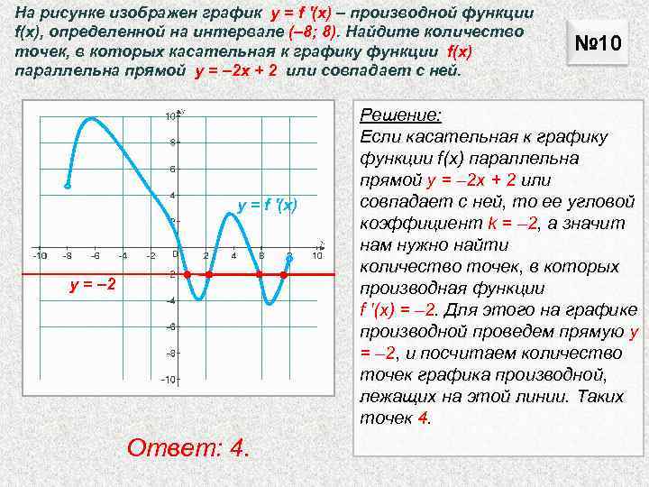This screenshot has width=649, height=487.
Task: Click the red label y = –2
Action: [x=93, y=286]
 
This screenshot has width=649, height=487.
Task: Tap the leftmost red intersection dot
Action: [x=187, y=273]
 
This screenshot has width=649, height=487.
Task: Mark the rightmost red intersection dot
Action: [x=283, y=273]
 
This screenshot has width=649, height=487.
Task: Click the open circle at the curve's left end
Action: [x=68, y=186]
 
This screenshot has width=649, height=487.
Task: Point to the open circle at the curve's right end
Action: [x=289, y=258]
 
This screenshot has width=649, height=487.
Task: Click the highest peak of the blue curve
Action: [x=90, y=118]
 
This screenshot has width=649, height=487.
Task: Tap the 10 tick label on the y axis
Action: [x=169, y=116]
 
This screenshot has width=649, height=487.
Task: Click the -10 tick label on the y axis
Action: [x=168, y=379]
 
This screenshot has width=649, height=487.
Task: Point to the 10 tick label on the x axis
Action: [x=316, y=256]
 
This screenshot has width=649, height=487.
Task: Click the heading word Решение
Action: [x=400, y=115]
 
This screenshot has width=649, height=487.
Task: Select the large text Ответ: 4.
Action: [x=188, y=447]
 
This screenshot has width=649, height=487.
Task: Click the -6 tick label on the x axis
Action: [x=95, y=256]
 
